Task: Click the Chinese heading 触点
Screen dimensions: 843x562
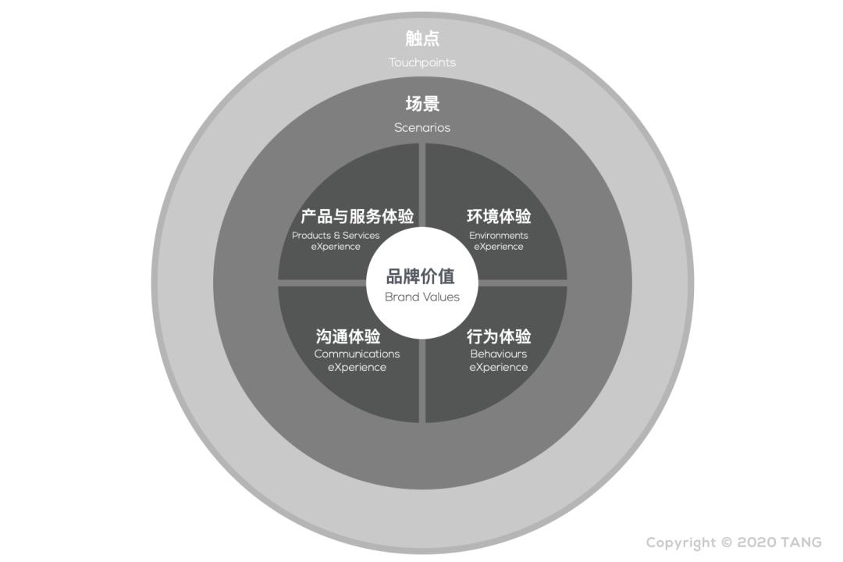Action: tap(422, 38)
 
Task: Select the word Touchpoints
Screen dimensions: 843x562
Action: tap(422, 62)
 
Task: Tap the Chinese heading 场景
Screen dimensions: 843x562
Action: tap(422, 103)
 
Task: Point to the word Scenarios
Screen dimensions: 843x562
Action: tap(422, 127)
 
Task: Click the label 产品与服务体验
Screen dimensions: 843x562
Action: tap(357, 216)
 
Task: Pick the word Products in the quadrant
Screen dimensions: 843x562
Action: tap(311, 235)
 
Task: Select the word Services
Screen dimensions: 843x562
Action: tap(361, 235)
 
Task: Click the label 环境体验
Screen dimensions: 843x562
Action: tap(499, 216)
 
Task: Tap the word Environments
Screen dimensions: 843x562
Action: tap(498, 235)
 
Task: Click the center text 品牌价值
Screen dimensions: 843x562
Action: tap(421, 276)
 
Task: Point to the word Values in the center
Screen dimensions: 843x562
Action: tap(443, 297)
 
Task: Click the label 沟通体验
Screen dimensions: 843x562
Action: tap(348, 336)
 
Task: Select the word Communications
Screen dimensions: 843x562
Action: tap(357, 354)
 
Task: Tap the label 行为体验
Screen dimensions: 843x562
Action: tap(499, 336)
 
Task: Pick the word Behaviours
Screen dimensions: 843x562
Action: tap(498, 354)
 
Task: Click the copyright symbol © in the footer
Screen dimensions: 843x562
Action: tap(727, 542)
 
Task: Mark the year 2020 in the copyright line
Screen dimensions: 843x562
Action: tap(756, 542)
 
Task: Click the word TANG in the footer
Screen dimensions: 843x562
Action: tap(801, 542)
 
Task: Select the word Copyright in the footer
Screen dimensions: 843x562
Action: tap(681, 543)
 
